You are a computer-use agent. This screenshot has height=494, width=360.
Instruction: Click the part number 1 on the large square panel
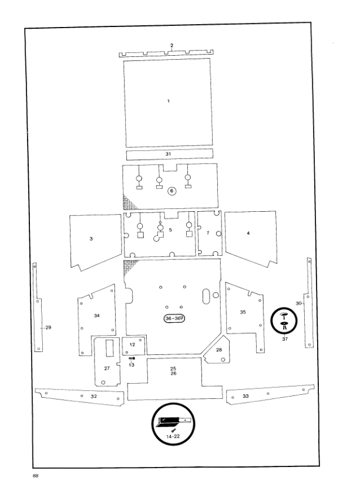(x=169, y=101)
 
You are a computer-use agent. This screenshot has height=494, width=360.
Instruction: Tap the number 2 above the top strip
(x=172, y=45)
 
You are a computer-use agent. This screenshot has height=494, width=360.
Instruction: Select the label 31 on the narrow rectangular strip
(x=168, y=154)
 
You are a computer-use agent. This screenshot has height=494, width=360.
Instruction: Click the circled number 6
(x=172, y=191)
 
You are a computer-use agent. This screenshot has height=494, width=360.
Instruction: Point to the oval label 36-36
(x=174, y=319)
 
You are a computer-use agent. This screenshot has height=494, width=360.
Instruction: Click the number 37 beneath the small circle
(x=285, y=339)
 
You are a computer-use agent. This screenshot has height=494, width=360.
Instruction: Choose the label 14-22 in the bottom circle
(x=173, y=437)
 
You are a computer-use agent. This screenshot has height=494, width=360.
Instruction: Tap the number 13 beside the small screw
(x=132, y=365)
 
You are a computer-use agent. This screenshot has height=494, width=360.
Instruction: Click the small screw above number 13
(x=132, y=358)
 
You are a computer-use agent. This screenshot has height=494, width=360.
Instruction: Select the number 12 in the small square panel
(x=132, y=344)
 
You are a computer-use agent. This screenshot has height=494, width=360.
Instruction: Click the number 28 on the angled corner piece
(x=219, y=350)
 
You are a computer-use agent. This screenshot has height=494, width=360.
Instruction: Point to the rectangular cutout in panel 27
(x=109, y=348)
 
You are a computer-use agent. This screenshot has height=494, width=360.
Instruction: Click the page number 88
(x=35, y=476)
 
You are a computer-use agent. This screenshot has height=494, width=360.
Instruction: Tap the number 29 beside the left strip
(x=48, y=327)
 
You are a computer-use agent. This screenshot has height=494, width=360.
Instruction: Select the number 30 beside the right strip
(x=298, y=303)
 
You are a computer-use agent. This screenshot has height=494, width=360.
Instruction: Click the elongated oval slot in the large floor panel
(x=206, y=296)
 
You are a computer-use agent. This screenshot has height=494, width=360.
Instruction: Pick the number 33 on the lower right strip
(x=245, y=396)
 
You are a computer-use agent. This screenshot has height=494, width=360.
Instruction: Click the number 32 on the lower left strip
(x=93, y=397)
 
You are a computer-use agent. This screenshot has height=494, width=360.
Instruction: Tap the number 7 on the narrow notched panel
(x=208, y=233)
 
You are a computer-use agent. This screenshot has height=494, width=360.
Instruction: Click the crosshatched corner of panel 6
(x=129, y=202)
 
